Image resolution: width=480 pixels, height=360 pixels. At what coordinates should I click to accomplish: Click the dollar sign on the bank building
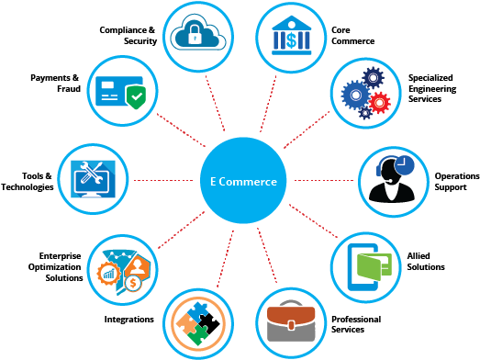pos(291,40)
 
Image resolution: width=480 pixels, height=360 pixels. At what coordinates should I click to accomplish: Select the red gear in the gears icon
pos(378,101)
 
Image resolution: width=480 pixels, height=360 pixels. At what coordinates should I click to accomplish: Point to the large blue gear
pos(355,94)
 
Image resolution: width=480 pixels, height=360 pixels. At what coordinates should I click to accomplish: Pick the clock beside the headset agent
pos(404,165)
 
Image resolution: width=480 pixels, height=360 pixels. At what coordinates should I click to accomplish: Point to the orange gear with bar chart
pos(107,272)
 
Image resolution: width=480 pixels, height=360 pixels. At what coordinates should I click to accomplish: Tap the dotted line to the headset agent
pos(321,180)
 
